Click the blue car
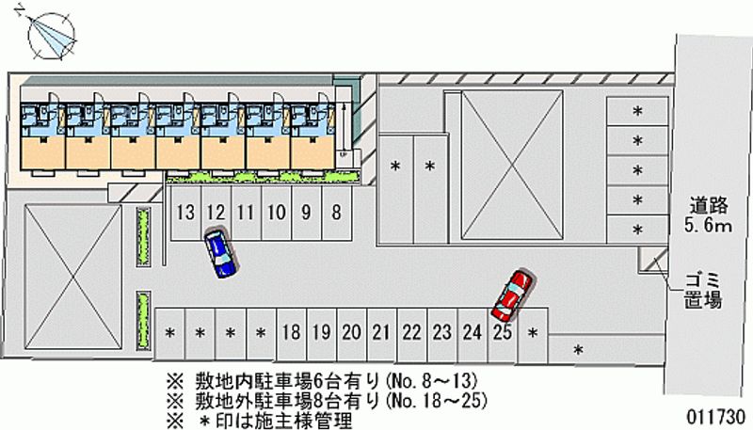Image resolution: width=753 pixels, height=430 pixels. (x=219, y=254)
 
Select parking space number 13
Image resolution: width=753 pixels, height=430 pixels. (x=184, y=212)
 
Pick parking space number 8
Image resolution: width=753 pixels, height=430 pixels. (x=335, y=212)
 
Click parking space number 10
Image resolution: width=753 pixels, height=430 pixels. (x=276, y=212)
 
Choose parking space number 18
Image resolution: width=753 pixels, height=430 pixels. (x=291, y=331)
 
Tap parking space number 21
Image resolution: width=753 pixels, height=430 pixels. (x=381, y=331)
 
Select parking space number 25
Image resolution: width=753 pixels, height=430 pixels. (x=502, y=331)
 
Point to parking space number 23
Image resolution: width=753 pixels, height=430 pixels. (x=441, y=331)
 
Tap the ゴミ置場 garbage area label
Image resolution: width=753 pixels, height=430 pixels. (x=701, y=289)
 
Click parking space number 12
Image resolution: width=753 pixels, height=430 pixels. (x=215, y=212)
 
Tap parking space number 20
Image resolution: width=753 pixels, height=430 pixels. (x=351, y=331)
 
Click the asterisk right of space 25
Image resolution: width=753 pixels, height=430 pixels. (x=534, y=332)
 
